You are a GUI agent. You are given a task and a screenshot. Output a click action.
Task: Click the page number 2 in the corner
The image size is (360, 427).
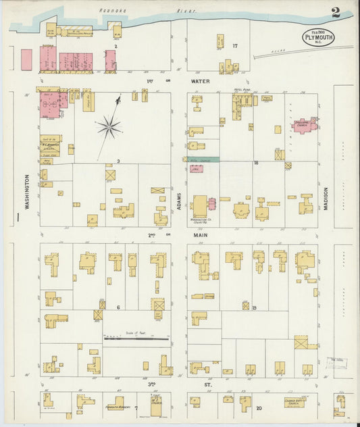coord(336,11)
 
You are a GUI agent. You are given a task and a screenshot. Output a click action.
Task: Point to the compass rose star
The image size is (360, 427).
coord(108,125)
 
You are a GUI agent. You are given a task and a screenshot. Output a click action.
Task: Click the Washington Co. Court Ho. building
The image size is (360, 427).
coord(200,206)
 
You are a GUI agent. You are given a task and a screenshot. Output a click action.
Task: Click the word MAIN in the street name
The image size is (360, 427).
coord(201,234)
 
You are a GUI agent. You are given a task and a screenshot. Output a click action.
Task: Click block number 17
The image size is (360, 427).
coord(235,46)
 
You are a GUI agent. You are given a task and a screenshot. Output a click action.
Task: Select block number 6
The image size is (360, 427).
coord(118,307)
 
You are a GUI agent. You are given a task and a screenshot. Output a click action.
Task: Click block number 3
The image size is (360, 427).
coord(118,161)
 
